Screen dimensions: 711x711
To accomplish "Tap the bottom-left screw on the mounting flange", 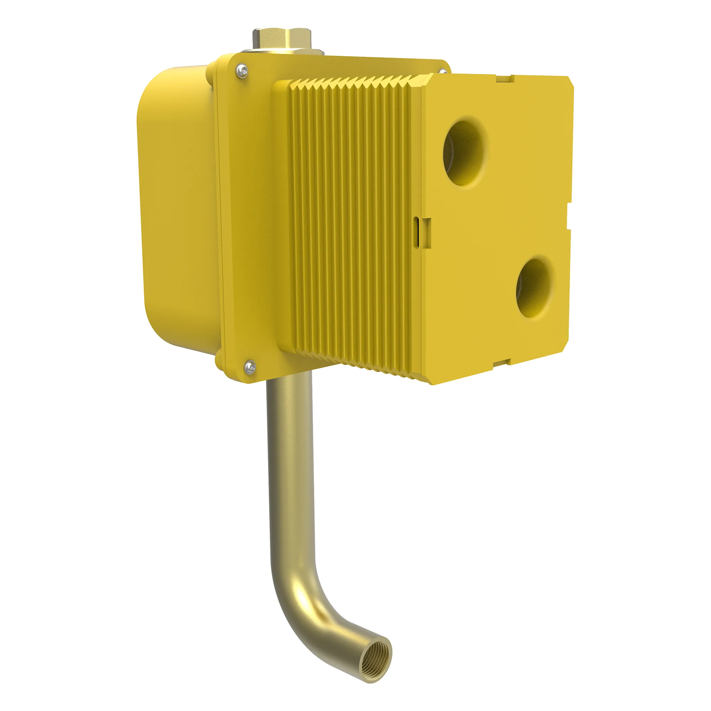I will click(250, 366).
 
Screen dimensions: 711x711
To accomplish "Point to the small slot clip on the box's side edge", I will click(420, 231).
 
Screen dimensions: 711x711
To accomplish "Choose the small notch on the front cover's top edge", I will click(504, 78).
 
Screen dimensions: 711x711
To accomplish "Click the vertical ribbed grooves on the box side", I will click(349, 221).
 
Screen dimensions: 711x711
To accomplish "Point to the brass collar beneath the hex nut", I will click(282, 52).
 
